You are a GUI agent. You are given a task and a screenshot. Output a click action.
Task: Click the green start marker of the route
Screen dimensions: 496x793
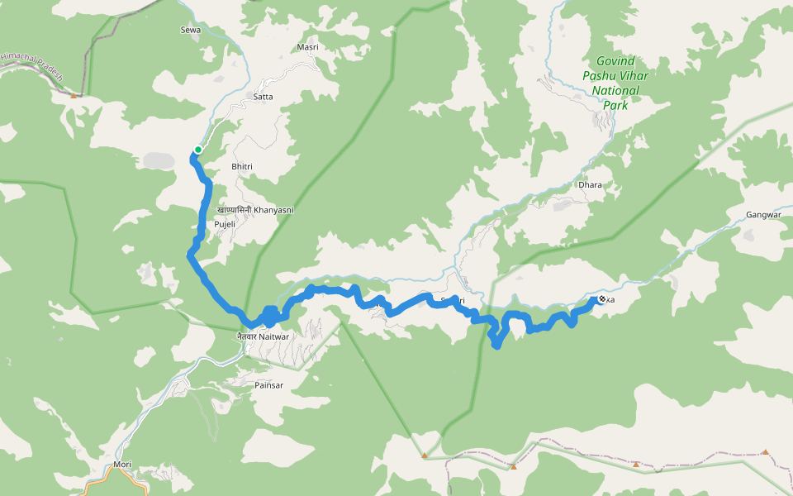198,150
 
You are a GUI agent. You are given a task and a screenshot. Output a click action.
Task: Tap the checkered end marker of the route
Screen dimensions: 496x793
602,299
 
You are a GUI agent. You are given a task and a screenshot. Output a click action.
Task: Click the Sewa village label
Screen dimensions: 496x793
190,30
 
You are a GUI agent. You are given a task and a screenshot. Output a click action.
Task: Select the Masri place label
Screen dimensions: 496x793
307,47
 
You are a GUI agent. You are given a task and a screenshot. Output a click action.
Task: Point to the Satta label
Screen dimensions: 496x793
264,97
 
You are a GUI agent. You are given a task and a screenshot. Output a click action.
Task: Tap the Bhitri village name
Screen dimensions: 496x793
242,167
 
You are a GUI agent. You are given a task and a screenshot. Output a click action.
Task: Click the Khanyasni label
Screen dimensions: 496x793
254,210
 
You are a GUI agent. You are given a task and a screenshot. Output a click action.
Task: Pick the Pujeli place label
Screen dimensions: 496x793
226,224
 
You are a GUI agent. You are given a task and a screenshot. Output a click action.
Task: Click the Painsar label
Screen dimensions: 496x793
268,385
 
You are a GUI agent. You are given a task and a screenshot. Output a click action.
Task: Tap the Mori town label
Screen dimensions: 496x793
122,465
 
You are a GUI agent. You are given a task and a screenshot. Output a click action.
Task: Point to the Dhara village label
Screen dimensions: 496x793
590,184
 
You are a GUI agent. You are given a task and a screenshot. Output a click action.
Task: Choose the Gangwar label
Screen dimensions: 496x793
763,215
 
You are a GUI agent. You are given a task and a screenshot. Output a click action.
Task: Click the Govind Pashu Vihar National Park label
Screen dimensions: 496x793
615,83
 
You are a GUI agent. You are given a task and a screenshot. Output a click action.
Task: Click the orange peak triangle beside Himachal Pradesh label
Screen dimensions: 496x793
74,95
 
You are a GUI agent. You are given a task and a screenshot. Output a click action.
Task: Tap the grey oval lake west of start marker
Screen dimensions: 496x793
156,160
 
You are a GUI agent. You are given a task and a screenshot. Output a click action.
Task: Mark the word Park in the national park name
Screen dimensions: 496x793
615,106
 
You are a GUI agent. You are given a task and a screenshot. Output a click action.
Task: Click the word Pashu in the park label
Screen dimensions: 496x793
598,75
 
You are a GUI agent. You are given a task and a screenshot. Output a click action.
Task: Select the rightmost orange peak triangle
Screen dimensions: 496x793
765,452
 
